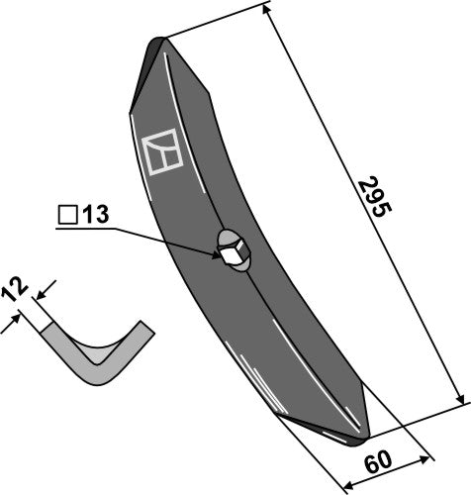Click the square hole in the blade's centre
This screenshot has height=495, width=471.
tap(233, 255)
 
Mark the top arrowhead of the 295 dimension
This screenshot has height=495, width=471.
tap(270, 11)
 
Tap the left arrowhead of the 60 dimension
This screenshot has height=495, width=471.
tap(344, 485)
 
